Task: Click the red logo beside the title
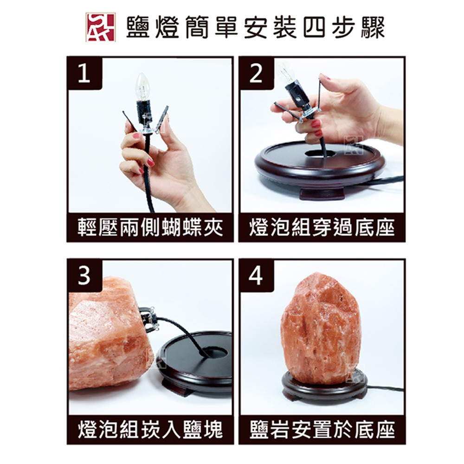coord(100,27)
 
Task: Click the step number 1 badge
coord(85,73)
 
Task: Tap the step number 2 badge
coord(256,73)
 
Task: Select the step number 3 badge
coord(85,276)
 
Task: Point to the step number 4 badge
coord(256,276)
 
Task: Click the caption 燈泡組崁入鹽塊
coord(150,430)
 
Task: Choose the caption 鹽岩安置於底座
coord(322,430)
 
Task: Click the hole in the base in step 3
coord(213,353)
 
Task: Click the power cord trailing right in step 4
coord(385,388)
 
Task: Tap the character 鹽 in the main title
coord(138,27)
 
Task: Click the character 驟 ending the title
coord(374,27)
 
